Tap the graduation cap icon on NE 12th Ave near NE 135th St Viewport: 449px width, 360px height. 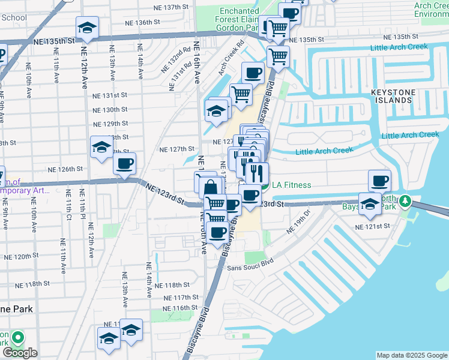[87, 28]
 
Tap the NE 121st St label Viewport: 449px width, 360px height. [373, 227]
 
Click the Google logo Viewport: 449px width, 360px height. [20, 353]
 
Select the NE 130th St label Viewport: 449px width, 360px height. [110, 110]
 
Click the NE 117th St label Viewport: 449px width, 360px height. [182, 297]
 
